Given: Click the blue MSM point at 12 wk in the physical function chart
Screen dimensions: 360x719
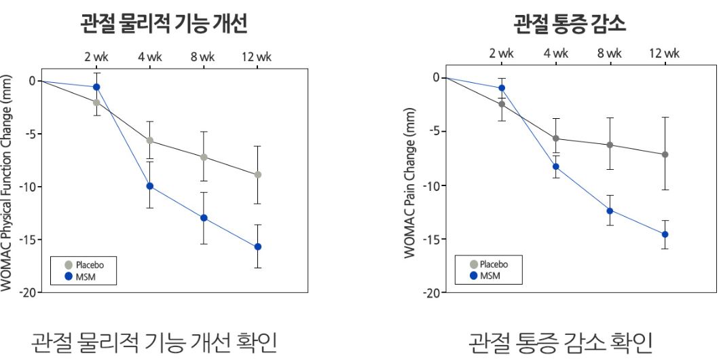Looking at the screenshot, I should click(258, 247).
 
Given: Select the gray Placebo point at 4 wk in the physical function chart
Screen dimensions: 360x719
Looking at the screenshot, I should click(150, 141).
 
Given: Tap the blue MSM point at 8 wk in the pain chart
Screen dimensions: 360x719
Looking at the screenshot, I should click(610, 211).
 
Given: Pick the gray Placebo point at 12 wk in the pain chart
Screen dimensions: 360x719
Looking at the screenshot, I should click(665, 154).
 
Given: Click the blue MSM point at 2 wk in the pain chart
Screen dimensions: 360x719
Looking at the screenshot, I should click(502, 88).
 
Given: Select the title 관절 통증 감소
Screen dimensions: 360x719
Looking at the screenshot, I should click(569, 25).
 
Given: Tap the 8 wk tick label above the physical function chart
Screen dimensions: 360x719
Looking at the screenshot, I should click(202, 57).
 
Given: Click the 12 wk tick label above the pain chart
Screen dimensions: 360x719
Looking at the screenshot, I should click(664, 54).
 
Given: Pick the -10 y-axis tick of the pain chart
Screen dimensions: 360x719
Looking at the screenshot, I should click(432, 185).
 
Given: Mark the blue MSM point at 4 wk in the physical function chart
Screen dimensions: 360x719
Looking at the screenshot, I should click(150, 186).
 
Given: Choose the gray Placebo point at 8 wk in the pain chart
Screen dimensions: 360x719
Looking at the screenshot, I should click(610, 145).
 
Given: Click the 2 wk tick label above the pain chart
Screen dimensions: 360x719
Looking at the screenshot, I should click(502, 54).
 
